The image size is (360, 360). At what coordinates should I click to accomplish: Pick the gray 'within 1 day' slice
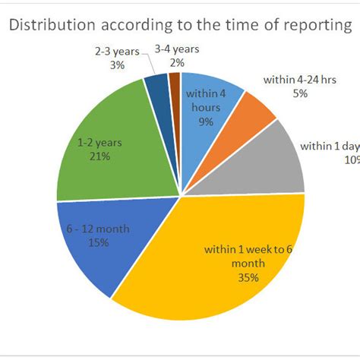[x=277, y=163]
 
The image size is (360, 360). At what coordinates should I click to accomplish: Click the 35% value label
[x=247, y=277]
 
